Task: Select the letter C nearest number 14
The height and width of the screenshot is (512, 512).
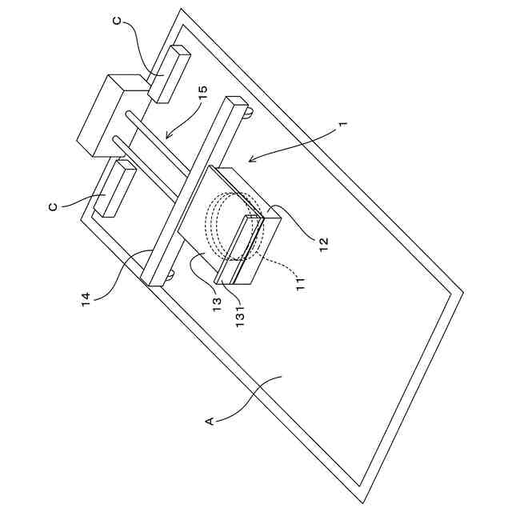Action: coord(53,206)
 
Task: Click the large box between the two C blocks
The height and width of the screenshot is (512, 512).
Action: coord(112,114)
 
